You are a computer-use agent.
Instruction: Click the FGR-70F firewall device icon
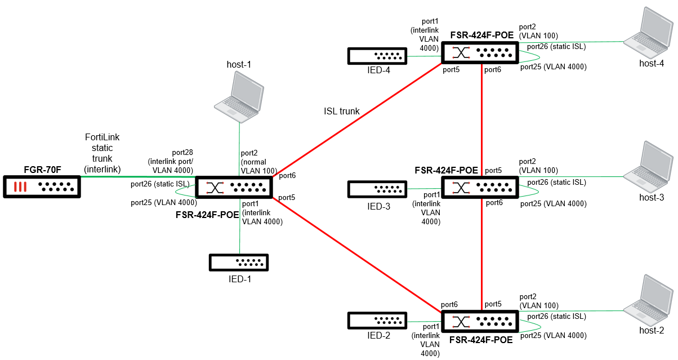42,186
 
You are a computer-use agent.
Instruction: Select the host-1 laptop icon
240,99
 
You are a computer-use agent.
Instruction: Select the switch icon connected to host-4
479,52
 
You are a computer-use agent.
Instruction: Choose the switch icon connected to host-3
479,186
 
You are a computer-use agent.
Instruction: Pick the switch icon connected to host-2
479,321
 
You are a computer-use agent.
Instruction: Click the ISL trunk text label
341,111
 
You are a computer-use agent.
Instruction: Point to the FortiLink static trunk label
102,152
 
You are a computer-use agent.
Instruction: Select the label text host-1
238,65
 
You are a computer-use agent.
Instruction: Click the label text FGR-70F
42,169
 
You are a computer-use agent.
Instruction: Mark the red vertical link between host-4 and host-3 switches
482,118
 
